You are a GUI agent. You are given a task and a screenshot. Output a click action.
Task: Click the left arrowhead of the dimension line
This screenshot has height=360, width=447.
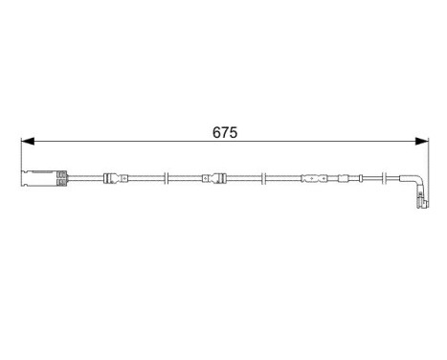pos(27,142)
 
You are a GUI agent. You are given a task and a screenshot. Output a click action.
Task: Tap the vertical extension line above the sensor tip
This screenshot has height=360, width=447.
pos(427,158)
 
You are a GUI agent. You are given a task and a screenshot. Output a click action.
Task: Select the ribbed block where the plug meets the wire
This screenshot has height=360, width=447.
pos(61,177)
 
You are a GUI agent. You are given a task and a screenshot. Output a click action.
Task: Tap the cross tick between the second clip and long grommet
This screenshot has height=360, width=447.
pos(262,177)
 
